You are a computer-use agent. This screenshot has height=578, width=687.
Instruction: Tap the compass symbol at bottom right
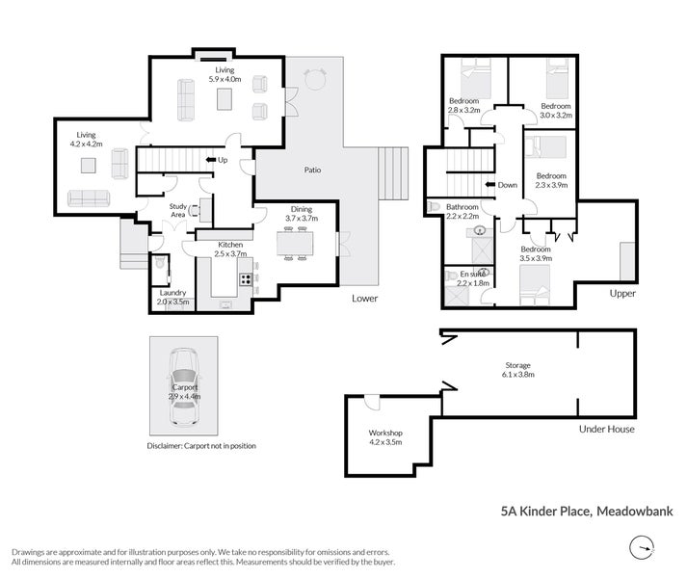tap(641, 549)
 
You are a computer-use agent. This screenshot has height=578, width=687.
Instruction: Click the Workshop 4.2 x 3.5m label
tap(385, 438)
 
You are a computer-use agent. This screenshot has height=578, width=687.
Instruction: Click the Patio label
tap(307, 171)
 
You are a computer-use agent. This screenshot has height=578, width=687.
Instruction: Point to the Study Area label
tap(177, 209)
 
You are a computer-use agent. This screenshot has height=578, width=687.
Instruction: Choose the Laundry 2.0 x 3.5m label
tap(172, 297)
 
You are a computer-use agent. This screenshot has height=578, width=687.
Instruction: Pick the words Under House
tap(606, 429)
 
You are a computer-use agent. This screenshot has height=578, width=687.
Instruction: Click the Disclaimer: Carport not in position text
tap(201, 446)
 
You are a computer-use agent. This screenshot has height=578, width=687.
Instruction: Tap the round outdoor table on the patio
tap(314, 76)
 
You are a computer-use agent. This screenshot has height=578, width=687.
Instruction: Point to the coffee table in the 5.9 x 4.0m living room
tap(225, 98)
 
